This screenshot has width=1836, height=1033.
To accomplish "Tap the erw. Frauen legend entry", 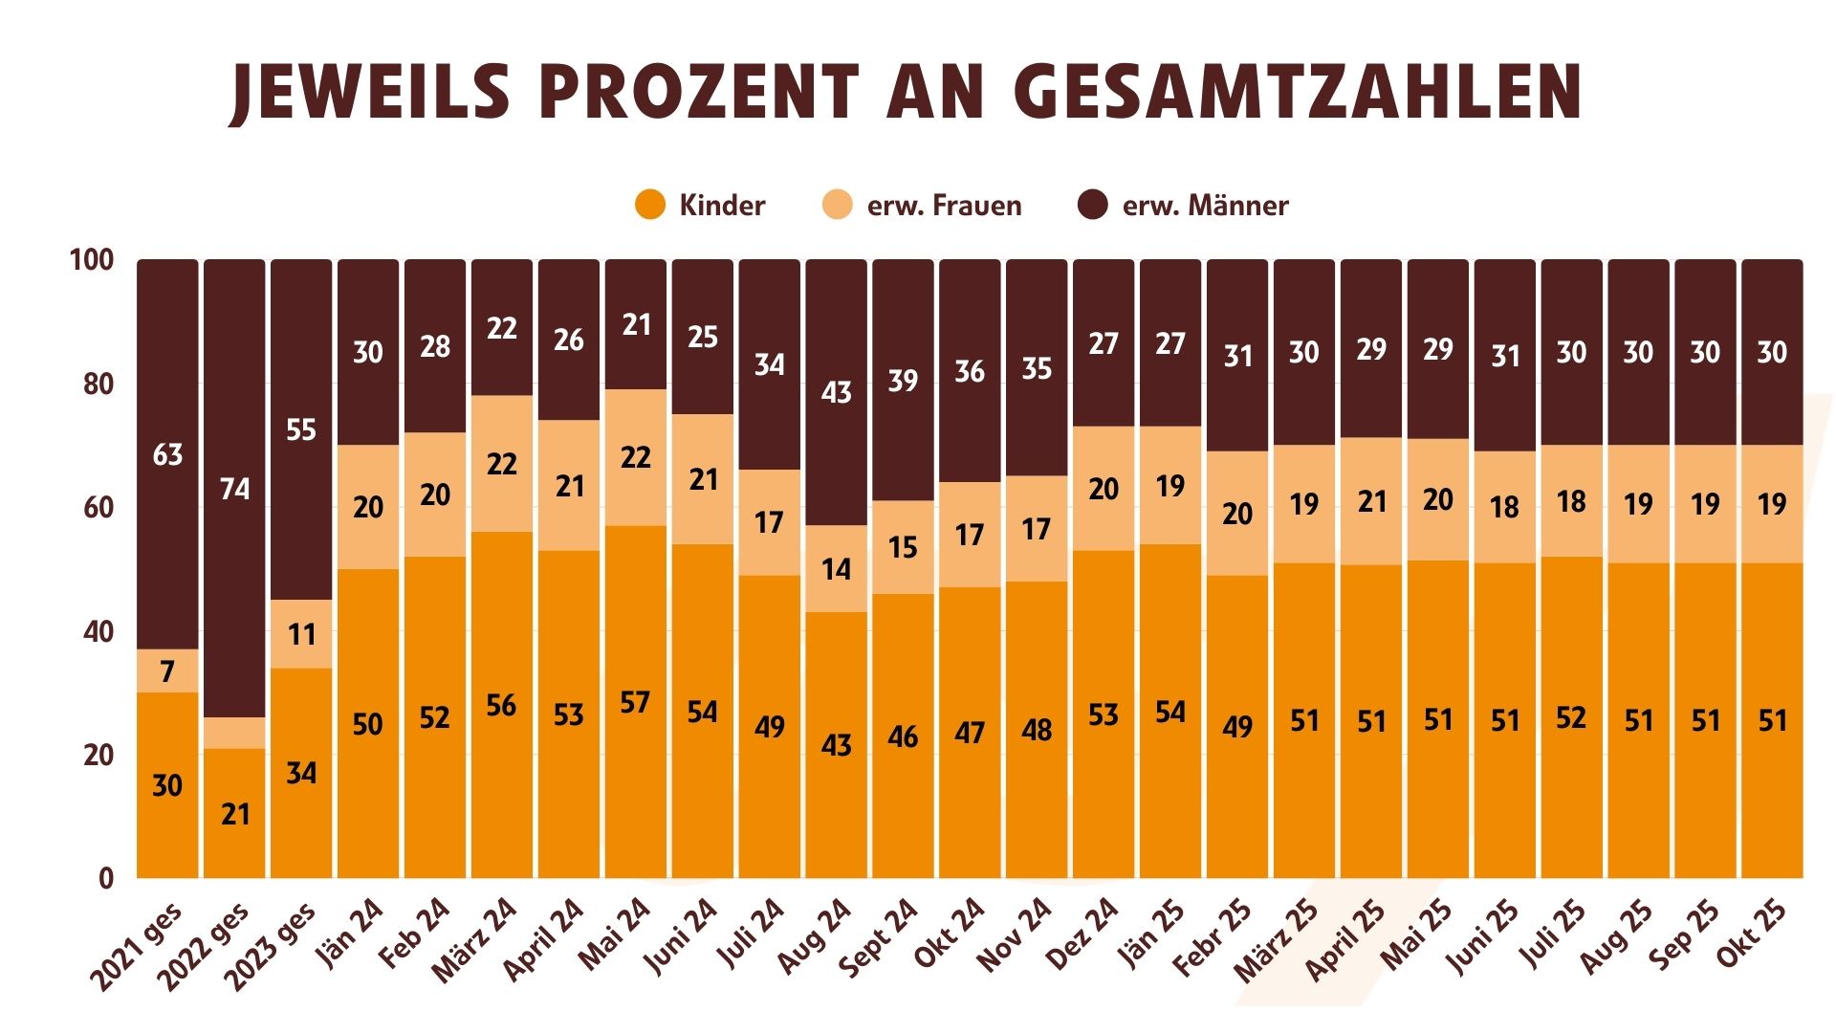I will coord(923,206).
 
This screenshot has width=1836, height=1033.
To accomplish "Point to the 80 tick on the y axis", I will coord(98,385).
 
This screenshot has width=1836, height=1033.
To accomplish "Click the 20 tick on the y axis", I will coord(98,756).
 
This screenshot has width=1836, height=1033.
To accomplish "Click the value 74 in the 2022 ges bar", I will coord(234,490).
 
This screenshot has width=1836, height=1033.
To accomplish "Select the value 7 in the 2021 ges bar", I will coord(167,672).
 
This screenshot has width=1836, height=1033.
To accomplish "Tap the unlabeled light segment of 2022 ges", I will coord(234,733).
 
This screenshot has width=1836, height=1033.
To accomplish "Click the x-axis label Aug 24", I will coord(815,937).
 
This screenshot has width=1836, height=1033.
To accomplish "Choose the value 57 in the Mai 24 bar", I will coord(635,703).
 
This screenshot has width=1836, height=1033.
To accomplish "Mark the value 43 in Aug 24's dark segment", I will coord(836,393).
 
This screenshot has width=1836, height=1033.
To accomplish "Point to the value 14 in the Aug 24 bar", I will coord(836,570).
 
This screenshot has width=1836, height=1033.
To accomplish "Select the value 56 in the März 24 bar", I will coord(501,706).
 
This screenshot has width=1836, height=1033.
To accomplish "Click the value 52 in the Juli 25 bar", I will coord(1571,718).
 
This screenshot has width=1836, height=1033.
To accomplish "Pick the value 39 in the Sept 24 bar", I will coord(903,381).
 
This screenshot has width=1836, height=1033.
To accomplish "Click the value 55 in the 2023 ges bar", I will coord(301,430).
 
